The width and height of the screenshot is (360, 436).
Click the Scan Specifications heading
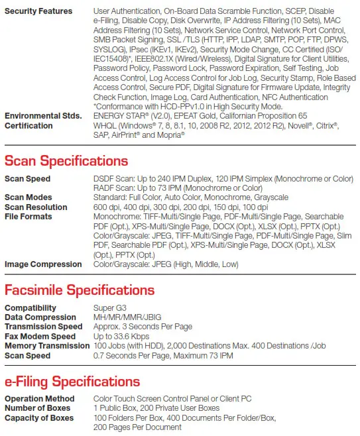click(66, 161)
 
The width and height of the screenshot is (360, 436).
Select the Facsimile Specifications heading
click(80, 290)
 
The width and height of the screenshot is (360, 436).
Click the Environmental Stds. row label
click(42, 116)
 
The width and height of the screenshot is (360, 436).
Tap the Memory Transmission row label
click(46, 345)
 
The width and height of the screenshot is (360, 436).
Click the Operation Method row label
click(39, 399)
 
